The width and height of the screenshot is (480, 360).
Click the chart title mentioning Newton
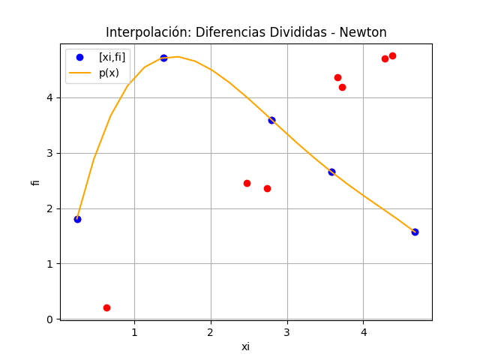(x=246, y=32)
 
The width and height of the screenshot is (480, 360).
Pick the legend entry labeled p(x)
(x=109, y=73)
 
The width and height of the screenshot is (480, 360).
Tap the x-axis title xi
(x=246, y=346)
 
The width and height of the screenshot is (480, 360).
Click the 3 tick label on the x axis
(x=287, y=332)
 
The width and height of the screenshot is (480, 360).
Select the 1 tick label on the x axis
(x=134, y=332)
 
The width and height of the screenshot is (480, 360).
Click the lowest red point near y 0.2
(x=106, y=307)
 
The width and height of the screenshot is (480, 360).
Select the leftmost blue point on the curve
(x=77, y=219)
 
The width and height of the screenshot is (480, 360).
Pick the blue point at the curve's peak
(x=163, y=58)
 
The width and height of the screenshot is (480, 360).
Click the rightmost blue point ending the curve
(x=415, y=232)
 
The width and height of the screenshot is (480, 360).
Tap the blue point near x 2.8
(x=271, y=120)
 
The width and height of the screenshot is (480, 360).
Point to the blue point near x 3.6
(x=331, y=172)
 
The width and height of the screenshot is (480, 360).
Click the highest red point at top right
(x=392, y=55)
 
